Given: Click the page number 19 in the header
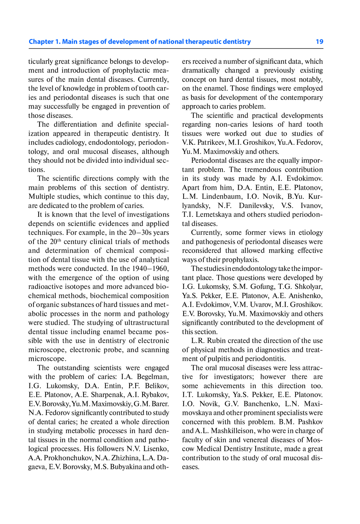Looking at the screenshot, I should point(319,42).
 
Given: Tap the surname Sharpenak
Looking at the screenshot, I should point(108,395).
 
